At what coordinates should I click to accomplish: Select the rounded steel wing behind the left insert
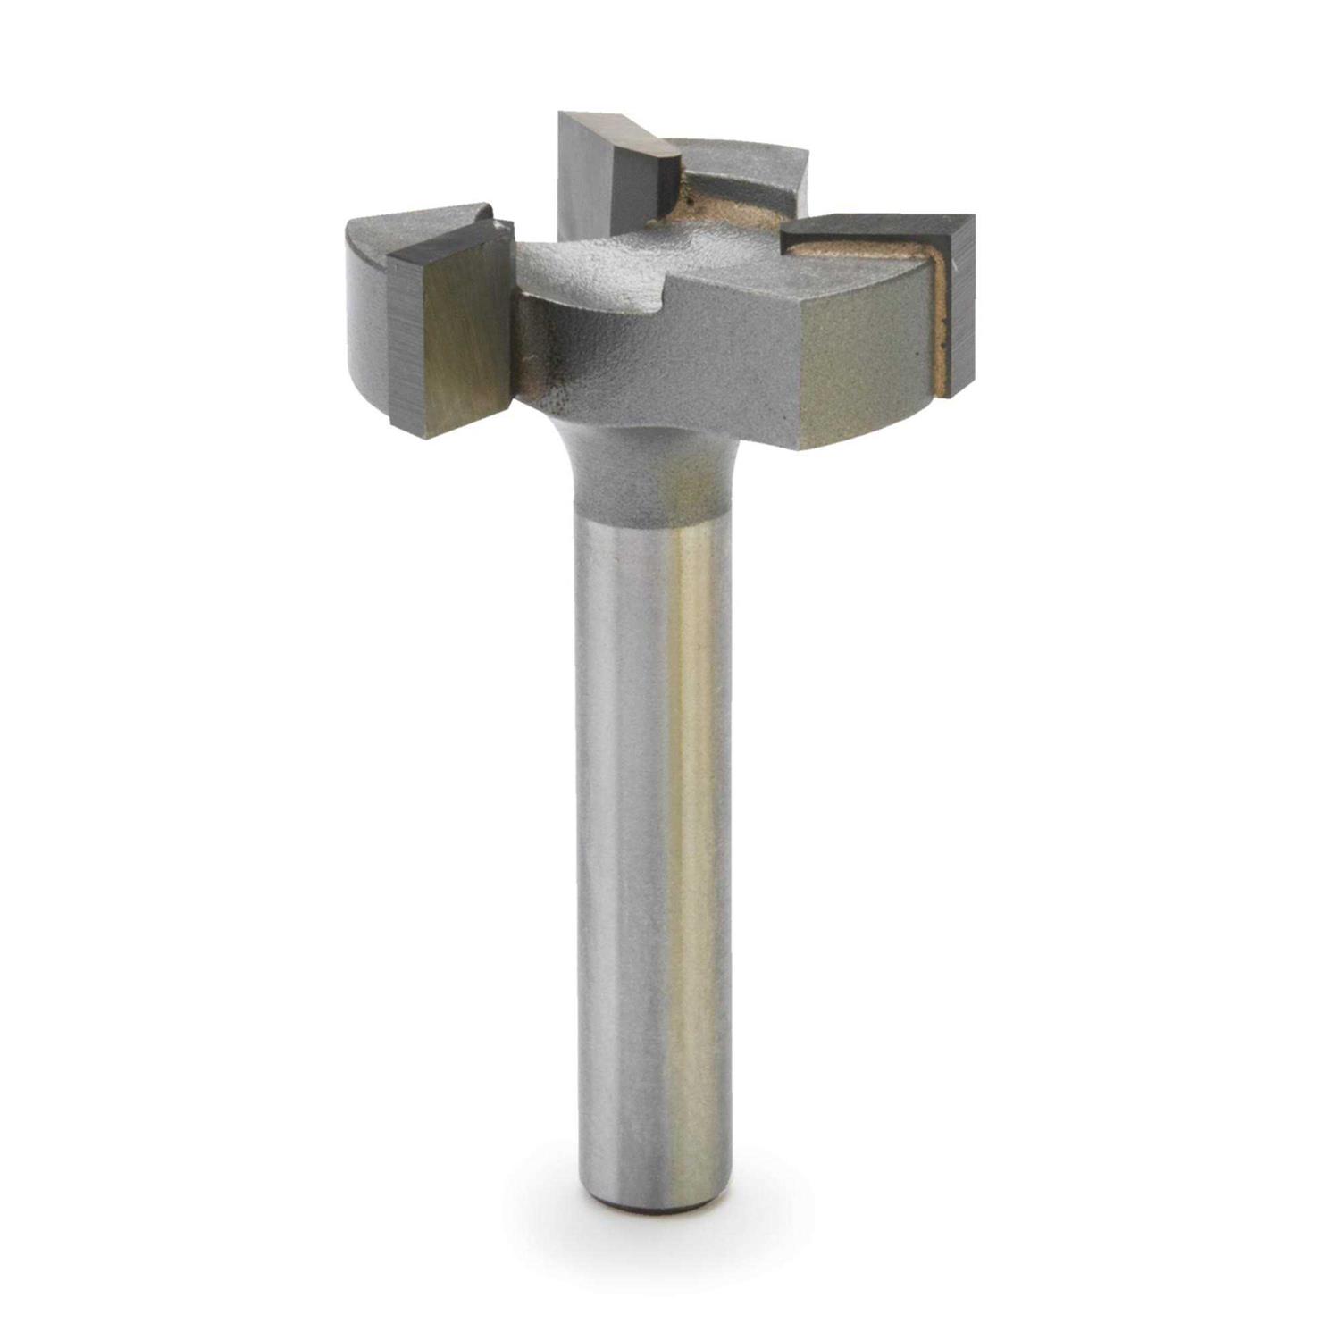(366, 295)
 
